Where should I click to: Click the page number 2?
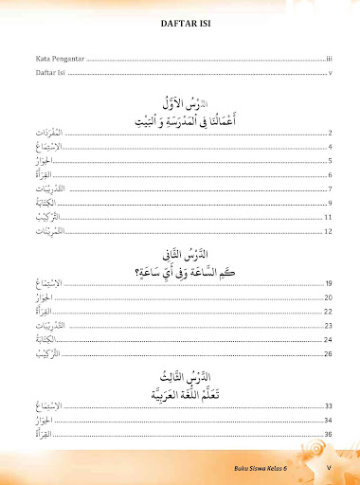327,135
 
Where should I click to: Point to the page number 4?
327,148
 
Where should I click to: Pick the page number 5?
327,162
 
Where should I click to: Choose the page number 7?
327,189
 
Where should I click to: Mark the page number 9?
327,204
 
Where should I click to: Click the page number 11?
326,217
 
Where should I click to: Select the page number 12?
326,231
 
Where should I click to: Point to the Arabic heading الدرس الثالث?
179,373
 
